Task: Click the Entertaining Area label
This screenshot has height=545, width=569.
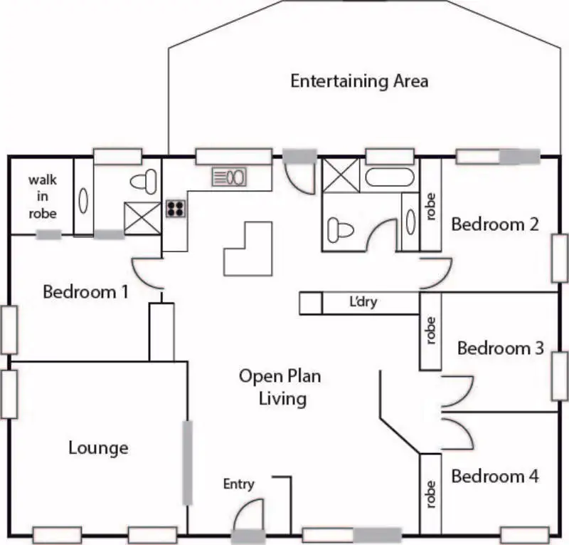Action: [x=359, y=81]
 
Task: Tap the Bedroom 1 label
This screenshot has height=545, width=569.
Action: [x=86, y=291]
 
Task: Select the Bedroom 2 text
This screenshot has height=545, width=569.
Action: [x=495, y=224]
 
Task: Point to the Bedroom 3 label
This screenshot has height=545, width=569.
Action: [x=501, y=348]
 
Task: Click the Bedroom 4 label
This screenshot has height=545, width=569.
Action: [x=495, y=476]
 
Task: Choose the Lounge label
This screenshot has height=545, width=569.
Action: [x=99, y=447]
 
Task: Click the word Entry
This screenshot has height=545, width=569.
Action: [x=238, y=484]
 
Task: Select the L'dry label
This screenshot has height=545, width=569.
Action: [x=363, y=302]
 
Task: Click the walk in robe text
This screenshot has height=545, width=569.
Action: [x=43, y=197]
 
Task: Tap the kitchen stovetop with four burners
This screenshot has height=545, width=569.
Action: [x=176, y=208]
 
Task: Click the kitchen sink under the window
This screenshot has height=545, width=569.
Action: [x=229, y=176]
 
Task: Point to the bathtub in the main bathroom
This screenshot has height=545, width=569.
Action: [x=389, y=177]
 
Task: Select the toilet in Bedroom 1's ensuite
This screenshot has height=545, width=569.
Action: [x=144, y=181]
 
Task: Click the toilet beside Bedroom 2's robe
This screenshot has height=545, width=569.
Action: [x=339, y=229]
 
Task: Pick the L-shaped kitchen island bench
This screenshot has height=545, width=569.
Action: [x=248, y=249]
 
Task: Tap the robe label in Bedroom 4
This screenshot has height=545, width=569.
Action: [x=430, y=494]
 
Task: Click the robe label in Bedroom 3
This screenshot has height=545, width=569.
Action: [x=430, y=331]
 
